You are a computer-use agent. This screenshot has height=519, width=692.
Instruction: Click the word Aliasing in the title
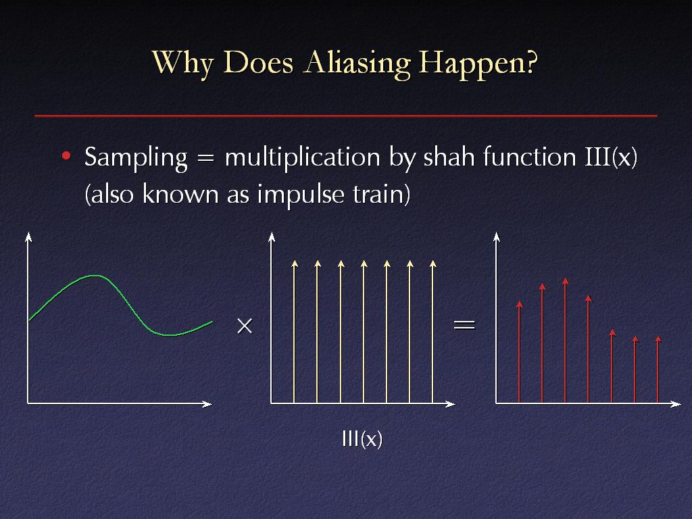357,63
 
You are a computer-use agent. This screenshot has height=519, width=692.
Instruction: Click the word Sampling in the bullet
136,158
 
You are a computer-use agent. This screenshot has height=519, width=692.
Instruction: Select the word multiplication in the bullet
302,157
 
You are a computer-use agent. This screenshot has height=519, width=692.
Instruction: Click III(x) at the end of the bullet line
611,157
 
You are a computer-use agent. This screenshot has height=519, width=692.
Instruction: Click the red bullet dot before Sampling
66,155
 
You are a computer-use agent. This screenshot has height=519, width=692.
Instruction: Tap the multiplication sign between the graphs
245,326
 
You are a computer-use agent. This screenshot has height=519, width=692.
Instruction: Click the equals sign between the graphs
464,325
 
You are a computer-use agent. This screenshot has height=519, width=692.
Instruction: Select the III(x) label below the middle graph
362,439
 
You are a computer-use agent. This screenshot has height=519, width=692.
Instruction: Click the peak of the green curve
95,276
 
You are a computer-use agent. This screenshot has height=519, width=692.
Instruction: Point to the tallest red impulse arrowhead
566,281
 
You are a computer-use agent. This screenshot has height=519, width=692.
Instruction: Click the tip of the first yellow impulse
295,261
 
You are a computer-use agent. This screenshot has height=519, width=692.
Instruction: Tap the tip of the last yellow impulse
433,261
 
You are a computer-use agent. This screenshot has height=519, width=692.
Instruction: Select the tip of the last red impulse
658,337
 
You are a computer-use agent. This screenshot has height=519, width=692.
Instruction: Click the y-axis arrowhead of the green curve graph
28,237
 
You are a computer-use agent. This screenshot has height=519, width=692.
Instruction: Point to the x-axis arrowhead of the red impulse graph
676,404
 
